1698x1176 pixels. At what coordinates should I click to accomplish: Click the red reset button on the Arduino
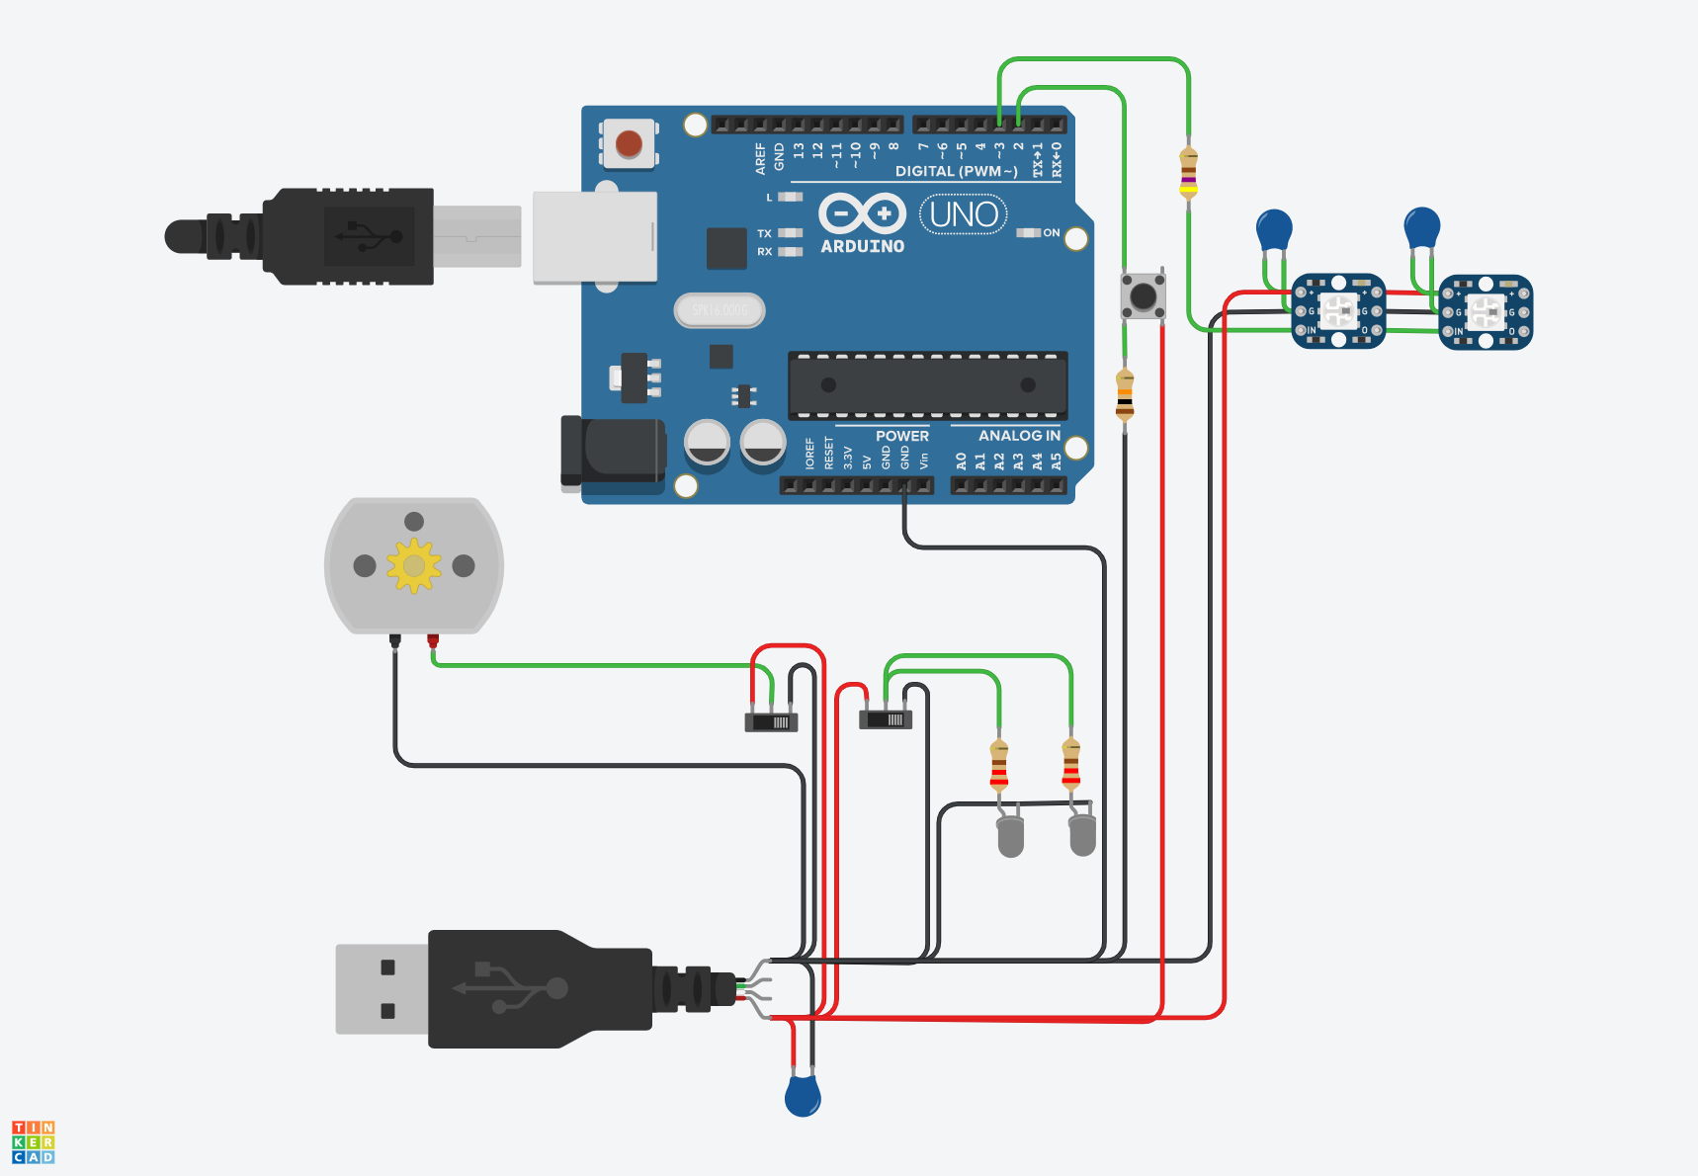[x=629, y=144]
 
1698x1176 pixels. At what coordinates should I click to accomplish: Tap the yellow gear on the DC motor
[x=413, y=565]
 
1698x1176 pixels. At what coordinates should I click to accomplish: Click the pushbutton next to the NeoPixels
[x=1143, y=294]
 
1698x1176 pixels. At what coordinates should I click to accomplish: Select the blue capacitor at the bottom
[x=803, y=1096]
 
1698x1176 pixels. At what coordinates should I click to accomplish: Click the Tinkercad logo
[x=34, y=1142]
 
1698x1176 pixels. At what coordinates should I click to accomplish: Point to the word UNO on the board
[x=964, y=214]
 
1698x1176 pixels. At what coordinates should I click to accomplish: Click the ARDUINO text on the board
[x=862, y=246]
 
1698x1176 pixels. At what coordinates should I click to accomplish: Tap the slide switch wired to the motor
[x=771, y=721]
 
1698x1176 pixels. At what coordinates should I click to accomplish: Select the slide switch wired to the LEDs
[x=886, y=719]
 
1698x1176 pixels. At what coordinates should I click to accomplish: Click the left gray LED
[x=1010, y=836]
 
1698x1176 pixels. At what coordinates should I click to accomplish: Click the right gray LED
[x=1082, y=835]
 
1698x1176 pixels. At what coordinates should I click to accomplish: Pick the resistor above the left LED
[x=999, y=766]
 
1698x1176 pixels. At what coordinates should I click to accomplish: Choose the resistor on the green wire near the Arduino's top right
[x=1188, y=174]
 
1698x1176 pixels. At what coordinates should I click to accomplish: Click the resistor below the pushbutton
[x=1125, y=395]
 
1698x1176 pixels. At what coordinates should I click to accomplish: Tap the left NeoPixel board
[x=1338, y=311]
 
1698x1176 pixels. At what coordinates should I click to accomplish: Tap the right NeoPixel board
[x=1486, y=312]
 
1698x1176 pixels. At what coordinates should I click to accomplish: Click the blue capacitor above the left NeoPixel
[x=1274, y=230]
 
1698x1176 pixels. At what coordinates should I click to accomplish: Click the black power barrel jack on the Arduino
[x=613, y=453]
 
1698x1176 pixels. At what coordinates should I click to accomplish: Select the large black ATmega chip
[x=927, y=385]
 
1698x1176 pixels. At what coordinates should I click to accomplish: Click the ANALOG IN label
[x=1018, y=436]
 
